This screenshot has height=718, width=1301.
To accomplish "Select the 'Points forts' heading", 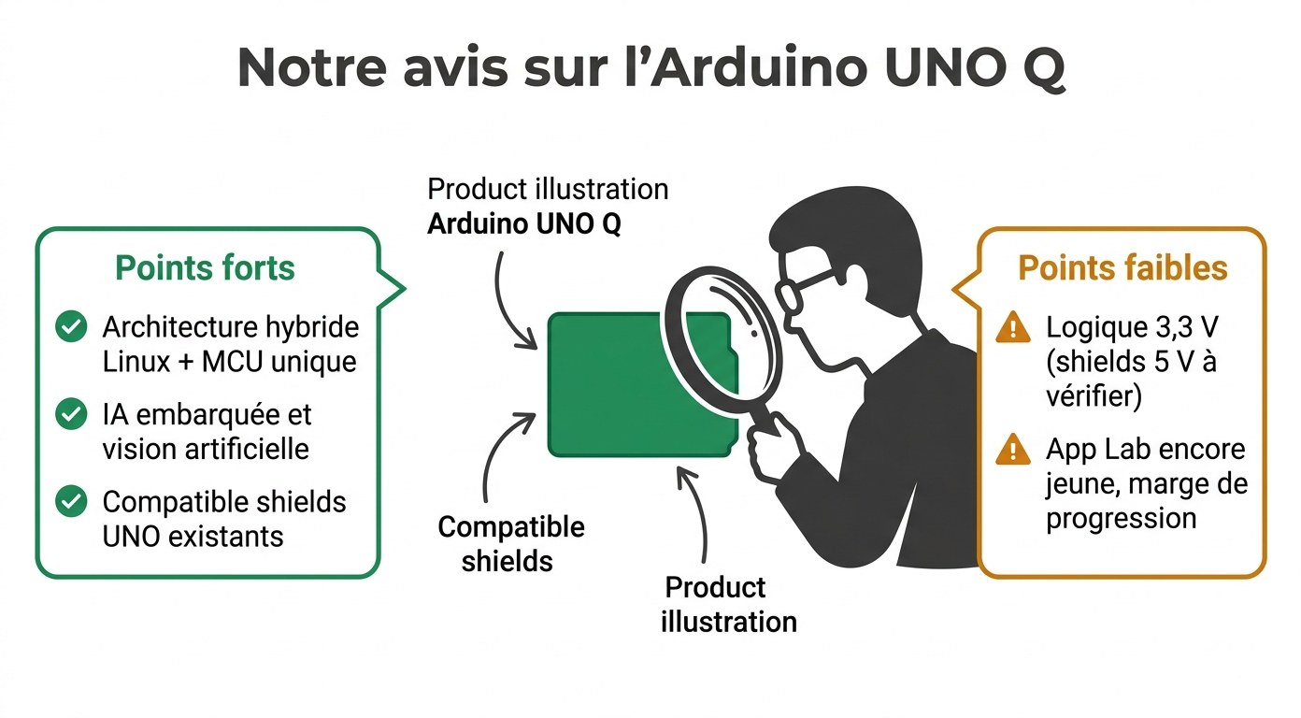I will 205,268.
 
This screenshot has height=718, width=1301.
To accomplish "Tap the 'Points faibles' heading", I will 1122,268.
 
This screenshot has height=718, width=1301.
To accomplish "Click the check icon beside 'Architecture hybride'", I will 71,327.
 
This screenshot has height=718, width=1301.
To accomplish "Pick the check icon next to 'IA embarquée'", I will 71,414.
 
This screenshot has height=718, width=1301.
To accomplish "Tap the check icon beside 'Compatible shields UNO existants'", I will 71,501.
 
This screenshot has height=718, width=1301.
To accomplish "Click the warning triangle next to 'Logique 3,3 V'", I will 1013,328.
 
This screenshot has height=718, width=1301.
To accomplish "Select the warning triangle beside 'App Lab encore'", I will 1013,451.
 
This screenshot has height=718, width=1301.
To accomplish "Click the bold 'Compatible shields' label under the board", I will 510,543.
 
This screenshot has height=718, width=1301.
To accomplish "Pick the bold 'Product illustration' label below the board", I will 728,604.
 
